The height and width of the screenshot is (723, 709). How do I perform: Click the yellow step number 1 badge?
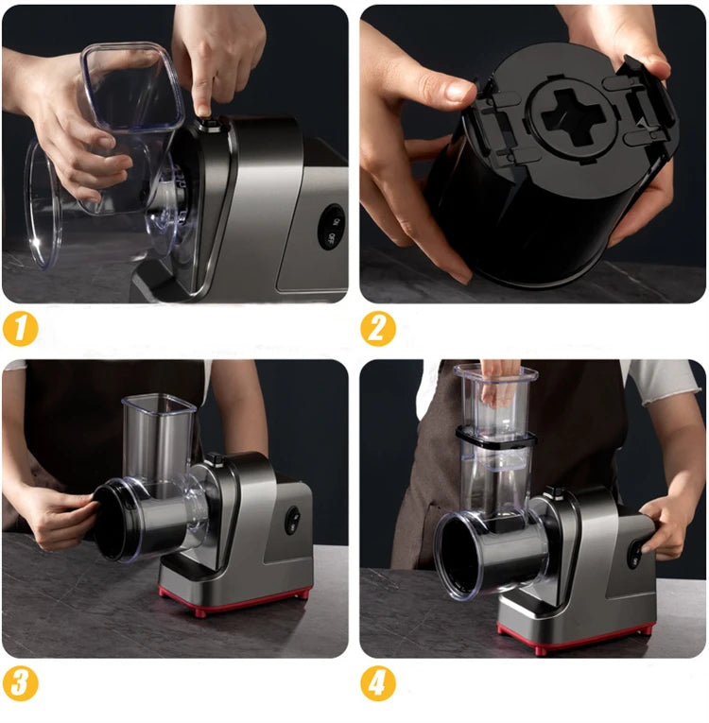click(x=21, y=328)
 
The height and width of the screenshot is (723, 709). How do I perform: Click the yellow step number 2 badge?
click(x=377, y=328)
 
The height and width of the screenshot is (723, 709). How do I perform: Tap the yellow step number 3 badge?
click(x=21, y=682)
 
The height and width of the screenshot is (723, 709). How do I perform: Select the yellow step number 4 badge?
click(x=377, y=682)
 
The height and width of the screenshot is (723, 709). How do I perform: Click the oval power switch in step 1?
click(x=331, y=227)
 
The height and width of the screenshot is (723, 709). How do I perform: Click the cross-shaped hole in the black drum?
click(x=565, y=111)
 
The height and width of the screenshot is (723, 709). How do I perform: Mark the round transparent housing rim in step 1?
click(x=43, y=203)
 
